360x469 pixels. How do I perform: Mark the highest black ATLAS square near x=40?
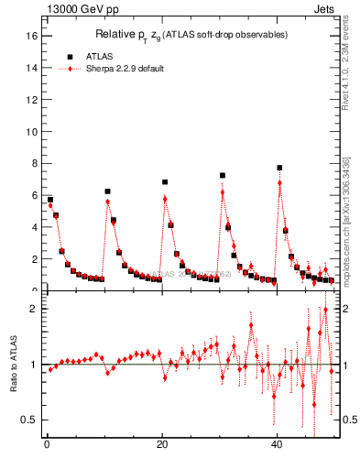tap(279, 168)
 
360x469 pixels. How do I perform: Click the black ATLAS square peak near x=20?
tap(165, 182)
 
